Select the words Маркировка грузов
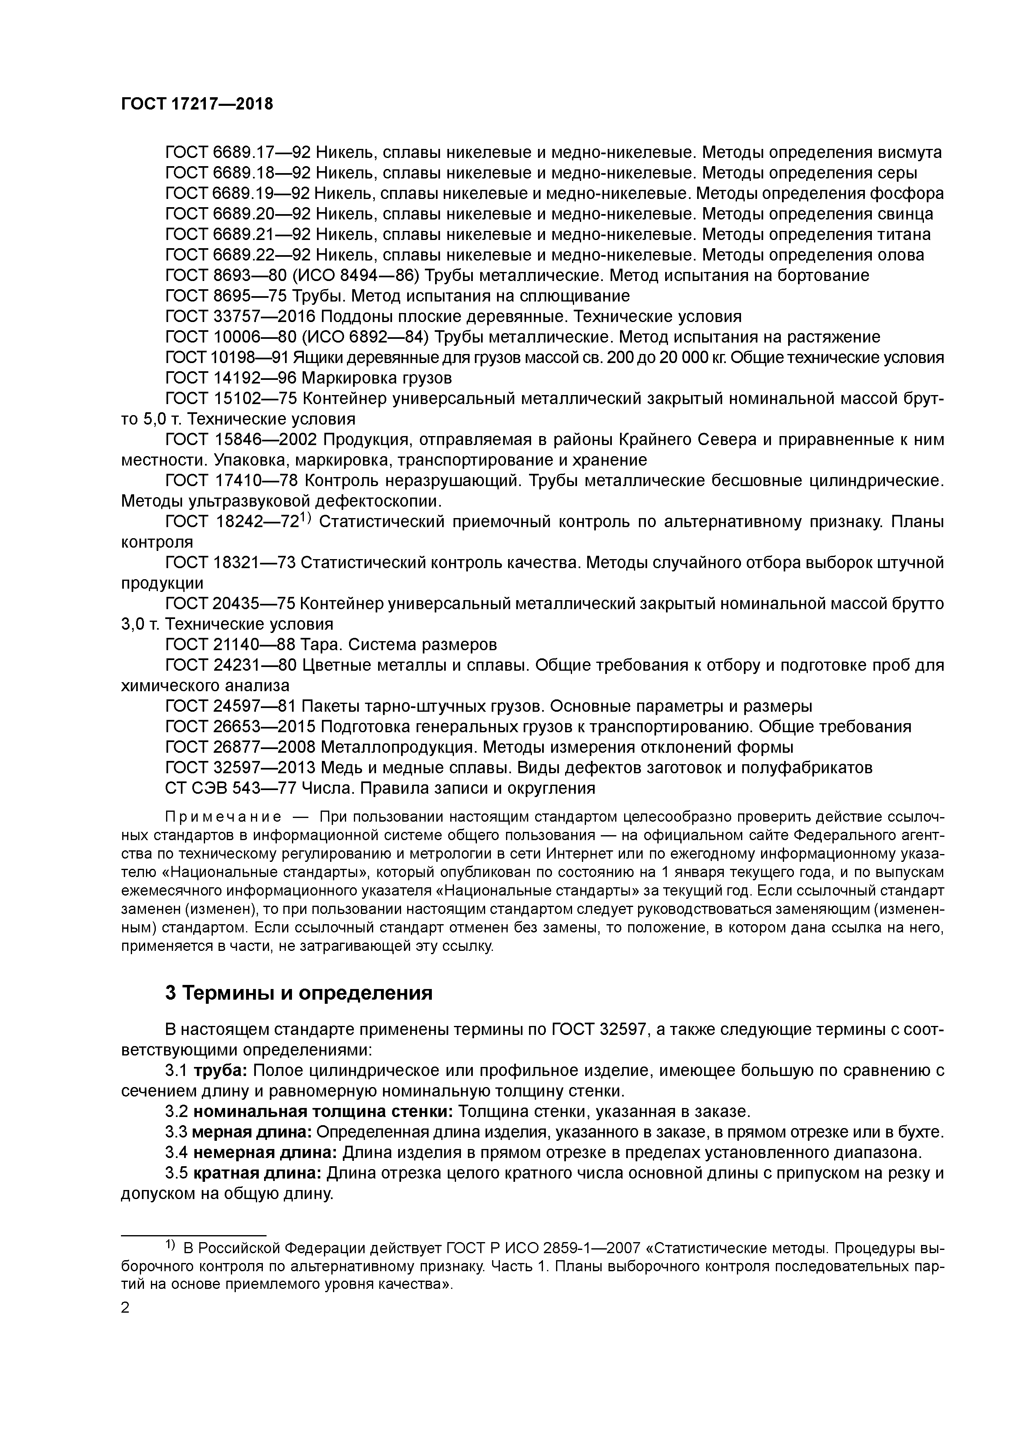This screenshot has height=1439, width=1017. tap(376, 378)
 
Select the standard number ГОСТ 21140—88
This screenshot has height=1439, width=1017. tap(230, 645)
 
